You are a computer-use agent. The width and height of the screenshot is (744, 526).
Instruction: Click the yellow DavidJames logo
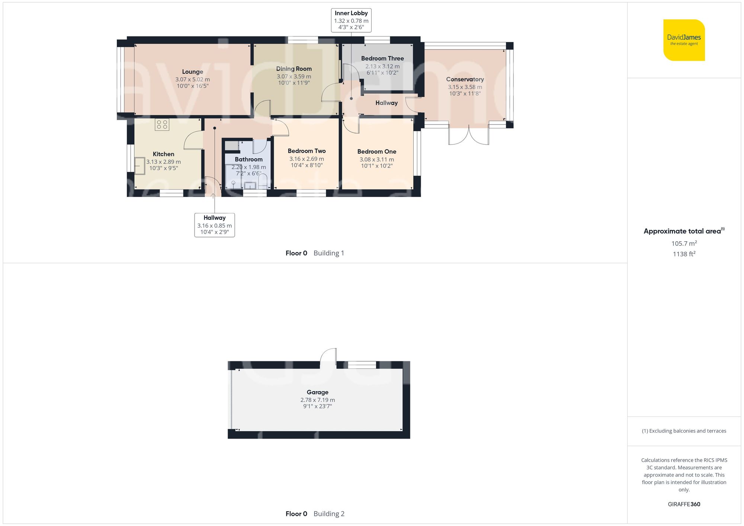(x=684, y=40)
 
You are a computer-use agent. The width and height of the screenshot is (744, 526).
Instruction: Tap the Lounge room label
(x=192, y=72)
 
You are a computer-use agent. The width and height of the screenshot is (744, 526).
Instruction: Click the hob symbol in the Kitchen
(x=162, y=125)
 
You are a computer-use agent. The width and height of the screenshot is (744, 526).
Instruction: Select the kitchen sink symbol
(x=139, y=166)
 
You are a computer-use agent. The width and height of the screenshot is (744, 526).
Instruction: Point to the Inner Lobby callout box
(x=351, y=20)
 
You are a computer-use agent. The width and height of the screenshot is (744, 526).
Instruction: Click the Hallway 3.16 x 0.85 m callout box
(x=214, y=225)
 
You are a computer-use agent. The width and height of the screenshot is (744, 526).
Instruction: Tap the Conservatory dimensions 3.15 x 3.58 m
(x=465, y=87)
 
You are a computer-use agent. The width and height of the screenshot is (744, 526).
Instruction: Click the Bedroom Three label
(x=382, y=58)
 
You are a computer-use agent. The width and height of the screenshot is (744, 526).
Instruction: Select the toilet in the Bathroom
(x=263, y=181)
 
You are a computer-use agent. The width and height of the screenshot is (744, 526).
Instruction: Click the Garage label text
(x=317, y=392)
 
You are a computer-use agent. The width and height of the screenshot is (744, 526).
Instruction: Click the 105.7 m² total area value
(x=684, y=243)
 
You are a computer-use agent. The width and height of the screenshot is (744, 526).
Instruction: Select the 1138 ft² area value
(x=684, y=254)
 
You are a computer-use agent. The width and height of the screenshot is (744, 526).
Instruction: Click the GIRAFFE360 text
(x=684, y=504)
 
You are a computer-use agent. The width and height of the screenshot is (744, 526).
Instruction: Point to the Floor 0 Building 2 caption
(x=315, y=514)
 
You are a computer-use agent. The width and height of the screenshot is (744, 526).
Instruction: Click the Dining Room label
(x=294, y=69)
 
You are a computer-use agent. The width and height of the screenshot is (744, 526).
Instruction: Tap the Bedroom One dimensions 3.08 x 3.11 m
(x=376, y=159)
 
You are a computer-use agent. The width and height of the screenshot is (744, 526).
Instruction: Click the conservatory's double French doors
(x=468, y=136)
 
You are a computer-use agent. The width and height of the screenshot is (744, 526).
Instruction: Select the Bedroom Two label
(x=307, y=151)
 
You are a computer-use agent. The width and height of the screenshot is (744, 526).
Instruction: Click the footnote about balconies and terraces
(x=684, y=431)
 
